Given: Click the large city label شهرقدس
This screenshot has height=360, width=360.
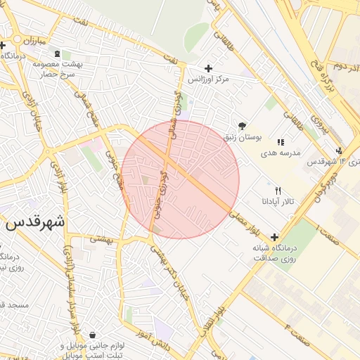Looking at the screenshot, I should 34,222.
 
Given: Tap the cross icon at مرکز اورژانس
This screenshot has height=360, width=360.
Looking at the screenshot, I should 208,68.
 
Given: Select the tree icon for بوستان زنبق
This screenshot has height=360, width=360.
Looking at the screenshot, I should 243,125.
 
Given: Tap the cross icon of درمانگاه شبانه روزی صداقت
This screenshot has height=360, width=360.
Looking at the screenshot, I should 274,237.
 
